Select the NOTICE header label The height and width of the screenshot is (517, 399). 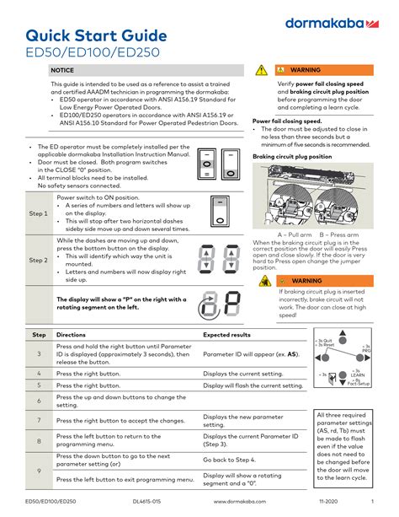pos(62,70)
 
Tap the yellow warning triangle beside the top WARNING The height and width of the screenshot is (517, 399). pos(261,70)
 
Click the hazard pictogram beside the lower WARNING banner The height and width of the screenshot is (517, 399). pos(265,281)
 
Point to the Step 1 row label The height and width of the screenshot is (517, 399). pos(37,214)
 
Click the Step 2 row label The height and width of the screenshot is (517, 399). pos(37,261)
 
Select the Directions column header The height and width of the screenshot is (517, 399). pos(72,335)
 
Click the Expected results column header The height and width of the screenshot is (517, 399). pos(227,335)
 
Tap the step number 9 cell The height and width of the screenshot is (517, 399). pos(38,470)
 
